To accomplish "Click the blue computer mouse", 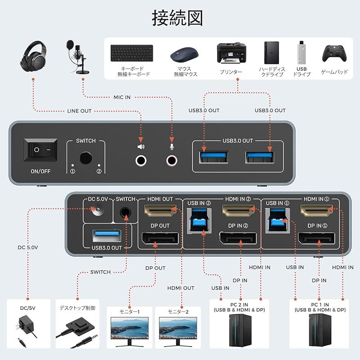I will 184,55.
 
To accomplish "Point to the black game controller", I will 334,54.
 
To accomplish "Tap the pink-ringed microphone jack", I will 171,160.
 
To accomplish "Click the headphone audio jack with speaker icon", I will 141,160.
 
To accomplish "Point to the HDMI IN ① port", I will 317,210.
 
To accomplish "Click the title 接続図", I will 177,18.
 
